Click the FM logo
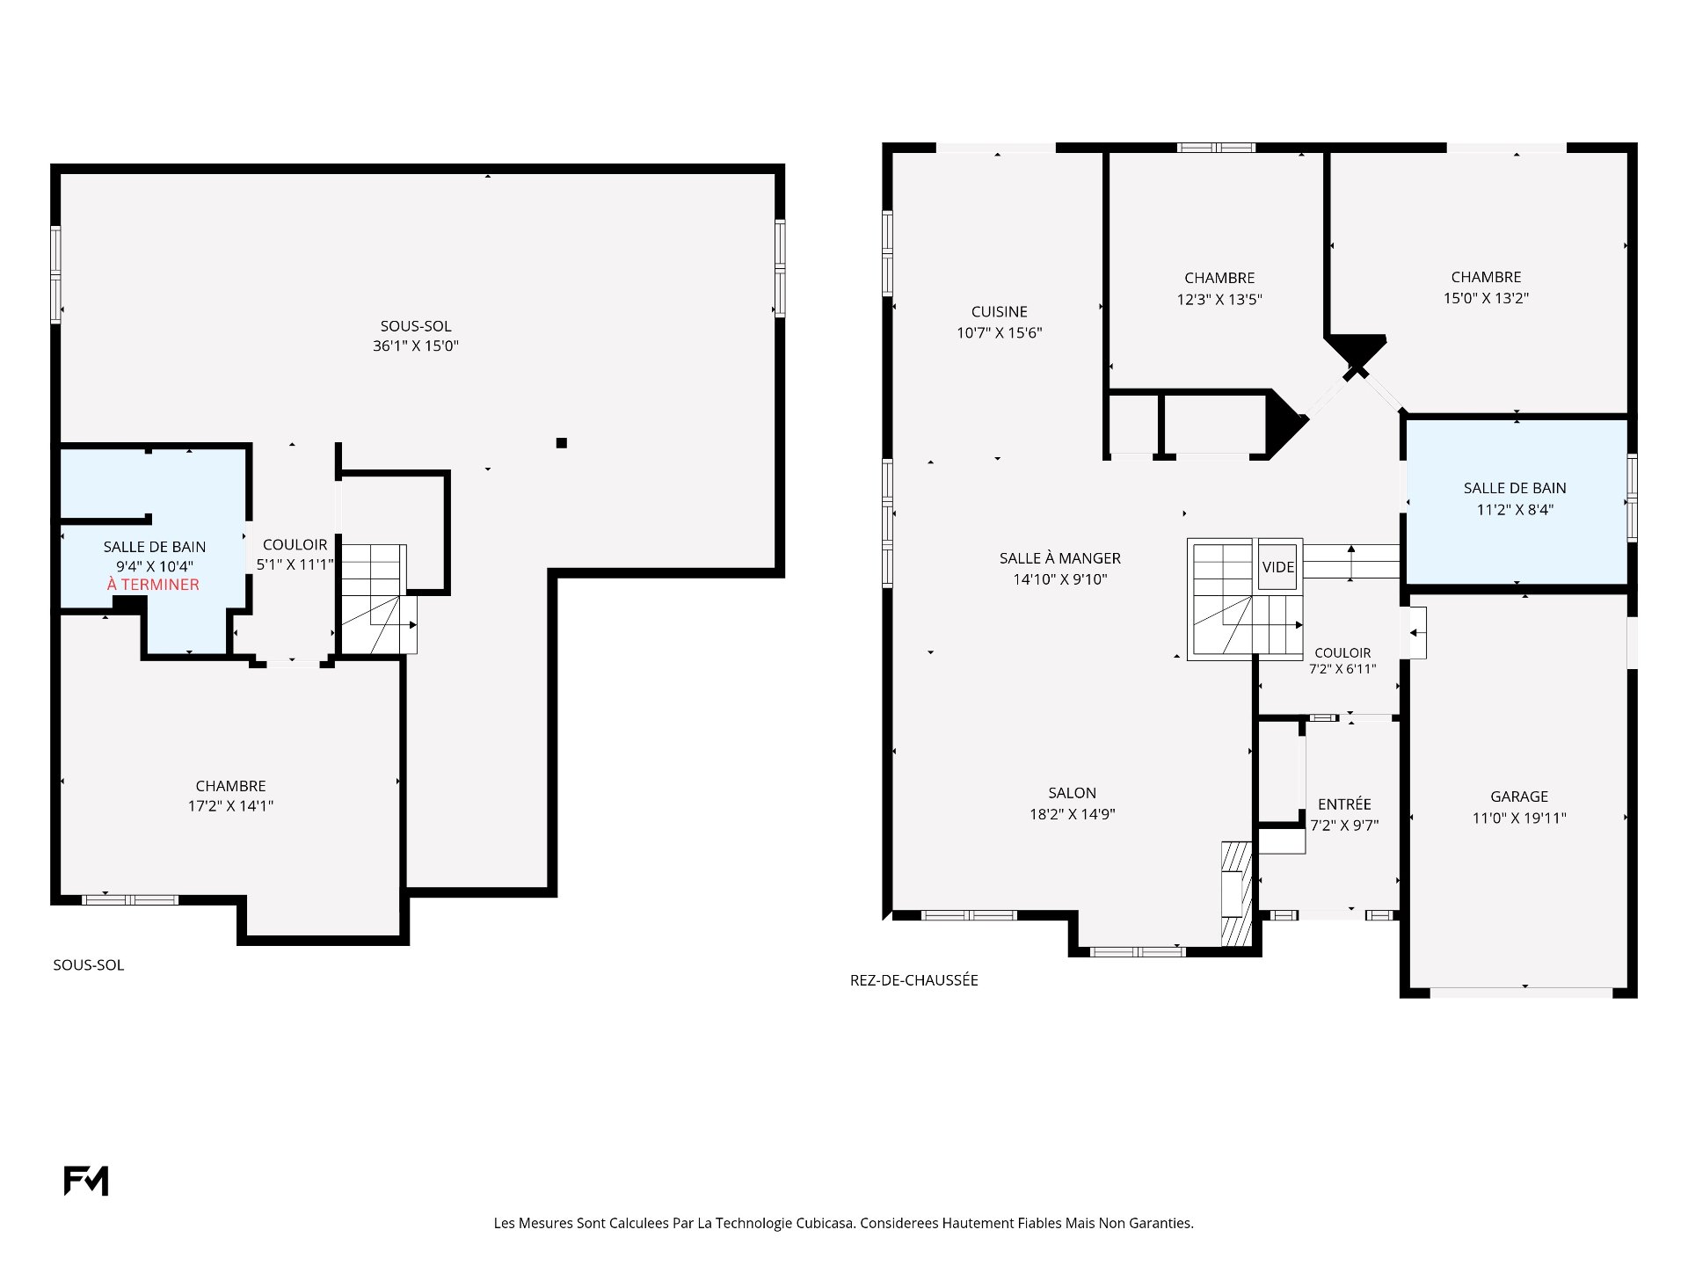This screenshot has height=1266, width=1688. pos(86,1181)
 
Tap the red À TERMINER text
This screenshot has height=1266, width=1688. pos(153,585)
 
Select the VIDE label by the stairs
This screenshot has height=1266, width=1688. pos(1278,567)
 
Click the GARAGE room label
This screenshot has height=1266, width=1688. pos(1519,797)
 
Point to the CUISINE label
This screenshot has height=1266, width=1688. pos(1000,311)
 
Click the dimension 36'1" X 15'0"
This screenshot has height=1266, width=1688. pos(416,346)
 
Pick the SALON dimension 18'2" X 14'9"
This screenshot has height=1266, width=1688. pos(1073,814)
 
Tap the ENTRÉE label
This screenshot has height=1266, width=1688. pos(1344,804)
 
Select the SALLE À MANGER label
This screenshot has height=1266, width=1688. pos(1060,557)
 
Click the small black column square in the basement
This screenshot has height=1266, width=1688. pos(562,443)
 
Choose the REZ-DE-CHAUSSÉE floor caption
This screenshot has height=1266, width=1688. pos(914,980)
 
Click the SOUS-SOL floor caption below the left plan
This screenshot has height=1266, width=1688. pos(89,965)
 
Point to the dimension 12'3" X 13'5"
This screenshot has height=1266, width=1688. pos(1219,300)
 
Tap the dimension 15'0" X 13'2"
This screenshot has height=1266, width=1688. pos(1486,298)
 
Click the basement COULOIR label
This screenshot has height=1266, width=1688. pos(295,545)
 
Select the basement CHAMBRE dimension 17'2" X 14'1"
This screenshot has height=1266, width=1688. pos(230,806)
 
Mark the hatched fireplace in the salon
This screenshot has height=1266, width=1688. pos(1236,894)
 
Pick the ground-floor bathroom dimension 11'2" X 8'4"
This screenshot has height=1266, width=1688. pos(1515,509)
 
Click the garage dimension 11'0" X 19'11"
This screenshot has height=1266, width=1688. pos(1519,818)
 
